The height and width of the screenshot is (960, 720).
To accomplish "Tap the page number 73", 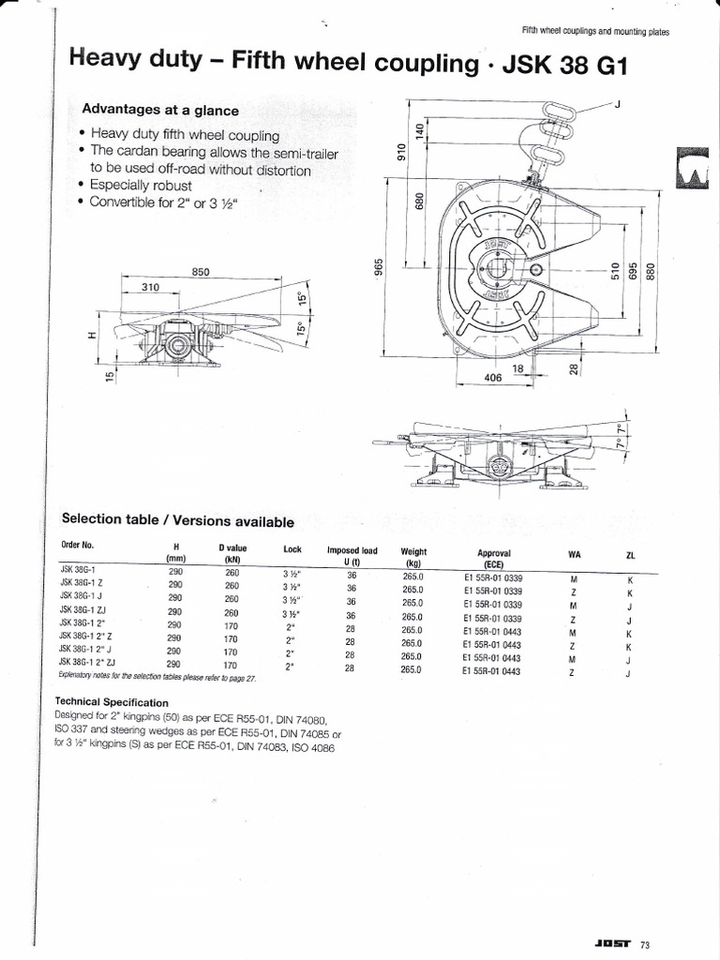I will [x=644, y=944].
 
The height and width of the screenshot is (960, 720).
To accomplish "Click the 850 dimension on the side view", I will [x=200, y=272].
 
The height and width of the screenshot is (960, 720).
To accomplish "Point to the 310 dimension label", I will [x=150, y=288].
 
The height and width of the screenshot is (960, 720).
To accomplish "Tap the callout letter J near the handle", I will [x=618, y=104].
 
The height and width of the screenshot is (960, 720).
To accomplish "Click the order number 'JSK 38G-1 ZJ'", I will [x=82, y=610].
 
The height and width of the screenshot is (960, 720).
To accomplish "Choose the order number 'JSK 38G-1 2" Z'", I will [x=86, y=636].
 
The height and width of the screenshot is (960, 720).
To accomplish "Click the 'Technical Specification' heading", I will [x=112, y=701].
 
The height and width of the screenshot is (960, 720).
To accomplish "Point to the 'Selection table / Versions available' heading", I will [x=177, y=521].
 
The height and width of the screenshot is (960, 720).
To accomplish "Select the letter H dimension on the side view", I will [x=89, y=337].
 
